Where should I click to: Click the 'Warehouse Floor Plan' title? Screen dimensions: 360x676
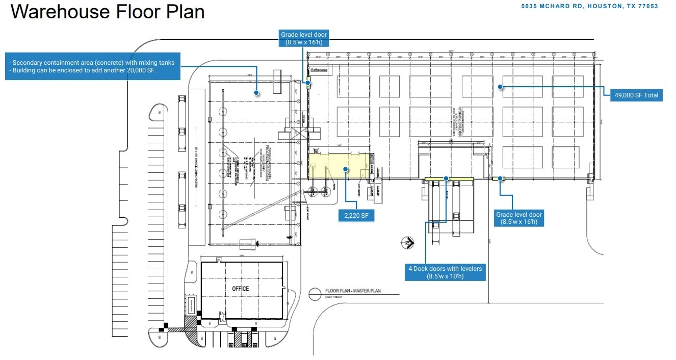[108, 12]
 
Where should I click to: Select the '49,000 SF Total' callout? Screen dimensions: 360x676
[636, 95]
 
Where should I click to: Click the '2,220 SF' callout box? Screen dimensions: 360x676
[356, 216]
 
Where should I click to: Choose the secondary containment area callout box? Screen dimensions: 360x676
[93, 66]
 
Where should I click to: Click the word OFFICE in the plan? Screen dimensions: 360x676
[241, 289]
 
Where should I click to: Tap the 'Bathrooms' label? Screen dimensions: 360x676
[319, 71]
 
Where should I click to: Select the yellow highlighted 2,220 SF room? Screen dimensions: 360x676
[339, 166]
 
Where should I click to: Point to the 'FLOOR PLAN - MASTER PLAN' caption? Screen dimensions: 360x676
[353, 291]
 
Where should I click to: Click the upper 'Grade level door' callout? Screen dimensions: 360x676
[304, 38]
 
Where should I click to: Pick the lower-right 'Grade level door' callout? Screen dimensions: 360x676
[519, 218]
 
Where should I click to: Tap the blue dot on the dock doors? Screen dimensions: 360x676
[446, 178]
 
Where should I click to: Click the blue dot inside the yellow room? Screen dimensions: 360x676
[345, 169]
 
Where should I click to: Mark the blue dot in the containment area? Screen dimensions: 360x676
[256, 93]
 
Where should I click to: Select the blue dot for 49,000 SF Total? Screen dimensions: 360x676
[501, 87]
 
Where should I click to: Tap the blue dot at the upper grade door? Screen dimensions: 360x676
[307, 82]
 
